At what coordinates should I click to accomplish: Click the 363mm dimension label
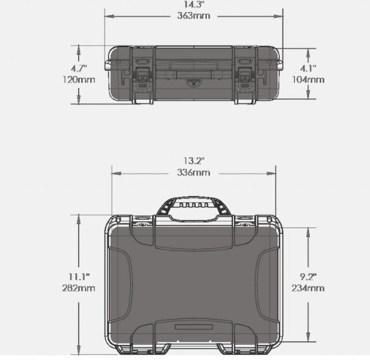[x=194, y=16]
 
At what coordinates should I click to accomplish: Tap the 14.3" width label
[x=194, y=4]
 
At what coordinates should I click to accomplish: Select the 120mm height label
[x=79, y=79]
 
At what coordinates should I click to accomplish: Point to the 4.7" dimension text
[x=79, y=68]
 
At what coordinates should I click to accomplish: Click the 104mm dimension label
[x=308, y=79]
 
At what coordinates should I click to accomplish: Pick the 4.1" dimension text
[x=308, y=68]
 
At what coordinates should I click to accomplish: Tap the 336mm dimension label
[x=194, y=172]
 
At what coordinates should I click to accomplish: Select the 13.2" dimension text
[x=194, y=161]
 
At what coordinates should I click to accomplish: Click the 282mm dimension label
[x=79, y=288]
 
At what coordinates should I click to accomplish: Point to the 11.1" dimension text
[x=79, y=276]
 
